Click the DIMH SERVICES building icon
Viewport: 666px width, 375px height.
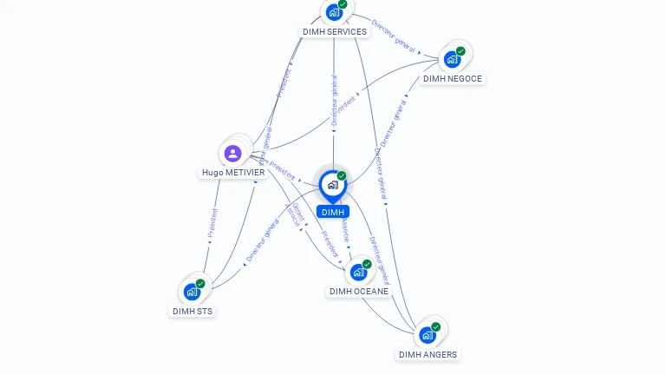[x=333, y=12]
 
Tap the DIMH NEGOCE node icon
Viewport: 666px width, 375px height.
[x=452, y=59]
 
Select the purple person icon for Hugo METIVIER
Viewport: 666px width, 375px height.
[x=232, y=154]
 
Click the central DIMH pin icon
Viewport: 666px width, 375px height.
[x=332, y=185]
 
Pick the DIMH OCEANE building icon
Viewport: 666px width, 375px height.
[x=358, y=272]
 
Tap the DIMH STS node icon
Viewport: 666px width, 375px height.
[x=192, y=292]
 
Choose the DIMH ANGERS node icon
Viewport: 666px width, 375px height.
[x=427, y=335]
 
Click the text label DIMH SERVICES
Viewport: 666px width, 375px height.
[x=335, y=31]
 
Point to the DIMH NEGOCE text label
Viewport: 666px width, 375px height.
[x=452, y=78]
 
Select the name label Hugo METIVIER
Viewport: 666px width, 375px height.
[x=233, y=172]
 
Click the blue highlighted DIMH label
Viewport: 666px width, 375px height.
[x=332, y=212]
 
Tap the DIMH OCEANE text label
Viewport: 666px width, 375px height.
[x=359, y=291]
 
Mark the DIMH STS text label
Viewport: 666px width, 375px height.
[x=193, y=311]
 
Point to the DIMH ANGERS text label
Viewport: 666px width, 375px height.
[x=428, y=354]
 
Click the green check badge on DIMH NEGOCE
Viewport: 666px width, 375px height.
[x=460, y=51]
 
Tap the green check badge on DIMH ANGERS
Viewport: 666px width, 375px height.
[x=435, y=327]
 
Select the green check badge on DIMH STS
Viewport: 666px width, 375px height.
[x=200, y=284]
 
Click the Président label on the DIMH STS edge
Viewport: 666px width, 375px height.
[x=212, y=222]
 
